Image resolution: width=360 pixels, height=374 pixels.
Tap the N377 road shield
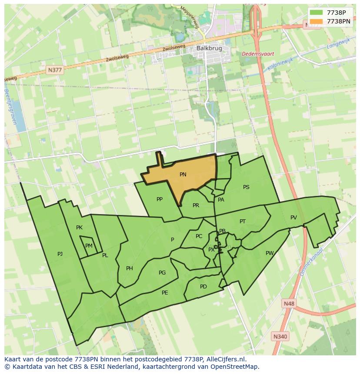coord(55,70)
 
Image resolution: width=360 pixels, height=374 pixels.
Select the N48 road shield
coord(288,304)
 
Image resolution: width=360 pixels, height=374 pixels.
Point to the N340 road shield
coord(280,336)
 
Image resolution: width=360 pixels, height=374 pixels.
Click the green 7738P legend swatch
coord(317,13)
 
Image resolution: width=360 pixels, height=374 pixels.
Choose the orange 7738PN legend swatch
coord(317,21)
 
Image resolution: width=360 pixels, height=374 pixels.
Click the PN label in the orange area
coord(183,175)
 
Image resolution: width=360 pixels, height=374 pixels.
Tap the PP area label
coord(160,199)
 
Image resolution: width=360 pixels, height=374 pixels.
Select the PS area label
coord(246,187)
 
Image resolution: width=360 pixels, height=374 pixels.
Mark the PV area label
coord(293,218)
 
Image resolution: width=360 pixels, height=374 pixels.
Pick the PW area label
coord(270,253)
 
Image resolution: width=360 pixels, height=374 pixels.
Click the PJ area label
coord(60,254)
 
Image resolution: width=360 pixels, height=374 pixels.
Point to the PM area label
coord(89,246)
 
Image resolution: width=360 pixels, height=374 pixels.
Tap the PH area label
coord(130,268)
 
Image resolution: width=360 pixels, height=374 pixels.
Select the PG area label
coord(162,273)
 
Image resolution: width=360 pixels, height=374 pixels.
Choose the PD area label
coord(203,287)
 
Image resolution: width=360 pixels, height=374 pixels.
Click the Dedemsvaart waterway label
coord(258,54)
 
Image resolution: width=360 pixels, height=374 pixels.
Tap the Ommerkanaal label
coord(311,262)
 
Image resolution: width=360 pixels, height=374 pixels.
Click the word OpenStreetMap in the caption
coord(235,367)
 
